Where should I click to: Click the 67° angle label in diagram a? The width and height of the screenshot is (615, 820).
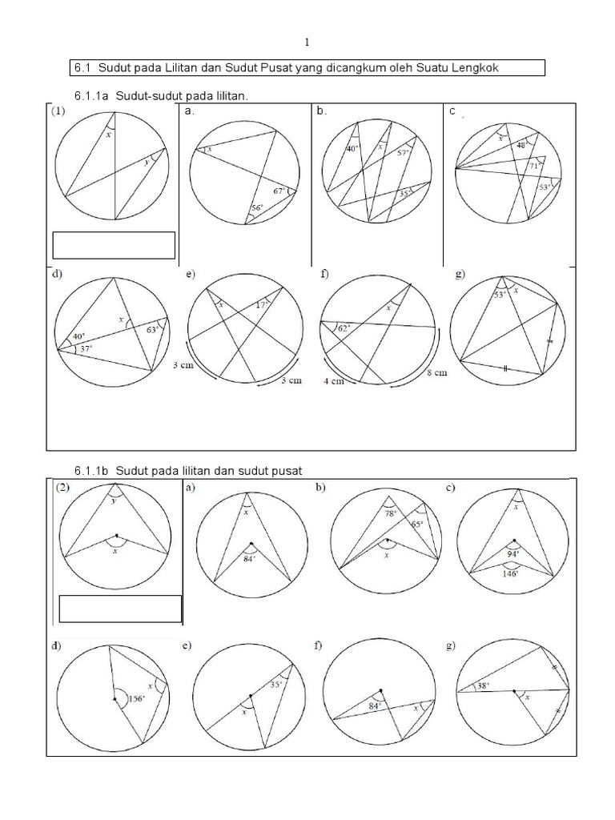(x=279, y=191)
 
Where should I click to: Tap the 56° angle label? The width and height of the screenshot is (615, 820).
(x=257, y=208)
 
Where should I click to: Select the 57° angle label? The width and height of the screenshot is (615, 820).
(x=403, y=152)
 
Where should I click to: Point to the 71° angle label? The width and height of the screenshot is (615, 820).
(x=533, y=166)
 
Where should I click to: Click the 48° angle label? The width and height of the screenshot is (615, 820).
(x=521, y=146)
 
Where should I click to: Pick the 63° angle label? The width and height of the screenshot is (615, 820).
(x=154, y=328)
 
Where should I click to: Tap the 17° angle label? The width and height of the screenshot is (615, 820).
(x=261, y=305)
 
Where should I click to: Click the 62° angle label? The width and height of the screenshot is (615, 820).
(x=344, y=328)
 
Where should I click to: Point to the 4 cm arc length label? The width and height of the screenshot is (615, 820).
(x=334, y=382)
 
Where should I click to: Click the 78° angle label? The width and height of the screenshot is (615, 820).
(x=390, y=513)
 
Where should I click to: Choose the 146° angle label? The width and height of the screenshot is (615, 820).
(x=512, y=573)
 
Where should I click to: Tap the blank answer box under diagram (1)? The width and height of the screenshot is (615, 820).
(x=114, y=245)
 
